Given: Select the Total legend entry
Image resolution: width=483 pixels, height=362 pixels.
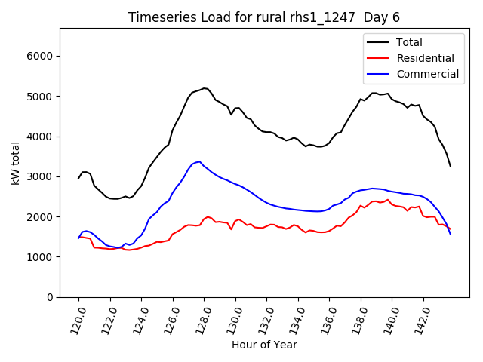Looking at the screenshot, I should [410, 42].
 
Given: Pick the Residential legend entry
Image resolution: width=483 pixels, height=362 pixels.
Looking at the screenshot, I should [425, 58].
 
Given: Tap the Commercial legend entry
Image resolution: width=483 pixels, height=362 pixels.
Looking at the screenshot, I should [427, 74].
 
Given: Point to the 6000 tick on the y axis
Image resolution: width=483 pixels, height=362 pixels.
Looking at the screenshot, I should [38, 57].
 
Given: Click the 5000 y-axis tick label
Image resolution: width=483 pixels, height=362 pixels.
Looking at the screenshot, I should [38, 97].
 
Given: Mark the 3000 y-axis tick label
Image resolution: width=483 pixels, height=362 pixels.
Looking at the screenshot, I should [38, 176].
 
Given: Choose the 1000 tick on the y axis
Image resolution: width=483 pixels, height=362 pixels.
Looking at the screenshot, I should [38, 257].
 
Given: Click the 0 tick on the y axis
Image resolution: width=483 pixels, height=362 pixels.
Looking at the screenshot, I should [49, 297].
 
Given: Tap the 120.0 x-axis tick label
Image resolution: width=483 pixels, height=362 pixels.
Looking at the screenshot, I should [78, 318].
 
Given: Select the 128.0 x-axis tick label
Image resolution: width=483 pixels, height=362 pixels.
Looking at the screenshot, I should [204, 318].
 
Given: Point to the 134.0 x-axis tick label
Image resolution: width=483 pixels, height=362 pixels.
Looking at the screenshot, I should [298, 318].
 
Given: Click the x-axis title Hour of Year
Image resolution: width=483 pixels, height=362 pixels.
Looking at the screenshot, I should [263, 345].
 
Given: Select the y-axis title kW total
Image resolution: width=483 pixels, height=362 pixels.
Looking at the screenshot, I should [15, 162].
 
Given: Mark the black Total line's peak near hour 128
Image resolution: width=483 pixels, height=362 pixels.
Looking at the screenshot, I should [204, 88].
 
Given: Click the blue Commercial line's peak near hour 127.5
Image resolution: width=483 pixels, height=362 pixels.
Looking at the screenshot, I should [200, 161].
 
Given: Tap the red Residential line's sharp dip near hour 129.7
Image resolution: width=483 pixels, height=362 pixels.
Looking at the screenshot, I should [231, 229].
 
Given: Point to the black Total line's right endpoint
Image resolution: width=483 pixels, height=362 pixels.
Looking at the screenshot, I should [451, 166].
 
